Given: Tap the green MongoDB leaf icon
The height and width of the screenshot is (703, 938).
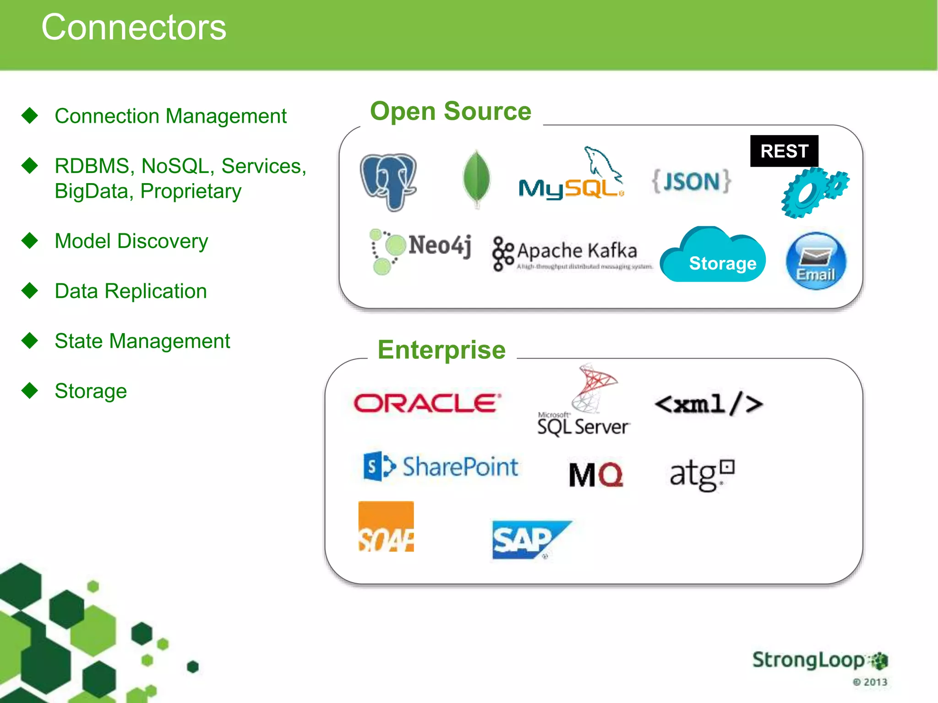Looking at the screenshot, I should pyautogui.click(x=476, y=179).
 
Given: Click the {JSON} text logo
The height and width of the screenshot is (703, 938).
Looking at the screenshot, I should pyautogui.click(x=692, y=181).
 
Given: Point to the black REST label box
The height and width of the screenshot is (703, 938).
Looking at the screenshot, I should pyautogui.click(x=784, y=151).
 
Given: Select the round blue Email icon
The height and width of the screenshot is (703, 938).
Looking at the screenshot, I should pyautogui.click(x=816, y=261).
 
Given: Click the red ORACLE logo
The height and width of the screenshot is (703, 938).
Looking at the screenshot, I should pyautogui.click(x=427, y=403).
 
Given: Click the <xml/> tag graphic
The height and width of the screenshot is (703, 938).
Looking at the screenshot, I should pyautogui.click(x=709, y=404).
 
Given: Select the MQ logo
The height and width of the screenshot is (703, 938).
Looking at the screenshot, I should pyautogui.click(x=596, y=475).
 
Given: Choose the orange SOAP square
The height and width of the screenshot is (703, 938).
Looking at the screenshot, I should pyautogui.click(x=386, y=526).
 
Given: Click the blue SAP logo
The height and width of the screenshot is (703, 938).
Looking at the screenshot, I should pyautogui.click(x=529, y=540).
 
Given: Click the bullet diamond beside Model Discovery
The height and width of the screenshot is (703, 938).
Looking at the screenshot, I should pyautogui.click(x=30, y=241).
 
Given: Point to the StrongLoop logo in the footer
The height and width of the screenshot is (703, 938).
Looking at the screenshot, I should pyautogui.click(x=819, y=660).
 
